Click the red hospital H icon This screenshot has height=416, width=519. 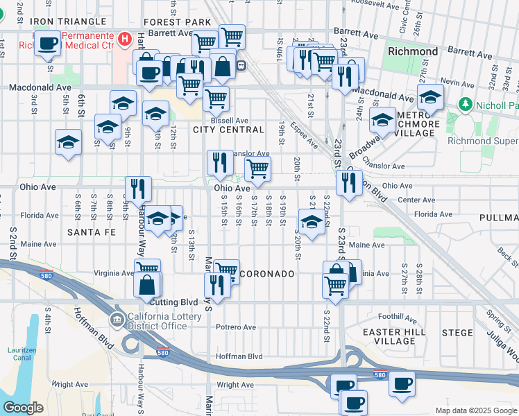tap(124, 39)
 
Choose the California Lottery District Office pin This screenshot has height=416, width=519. tap(117, 320)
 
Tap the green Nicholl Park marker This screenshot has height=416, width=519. tap(465, 105)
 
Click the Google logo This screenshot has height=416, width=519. tap(23, 407)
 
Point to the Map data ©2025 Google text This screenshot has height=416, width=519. tap(475, 410)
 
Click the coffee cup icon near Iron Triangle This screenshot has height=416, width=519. tap(48, 43)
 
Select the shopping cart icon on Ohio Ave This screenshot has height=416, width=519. tap(257, 168)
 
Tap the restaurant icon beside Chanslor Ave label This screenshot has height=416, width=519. tap(220, 162)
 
